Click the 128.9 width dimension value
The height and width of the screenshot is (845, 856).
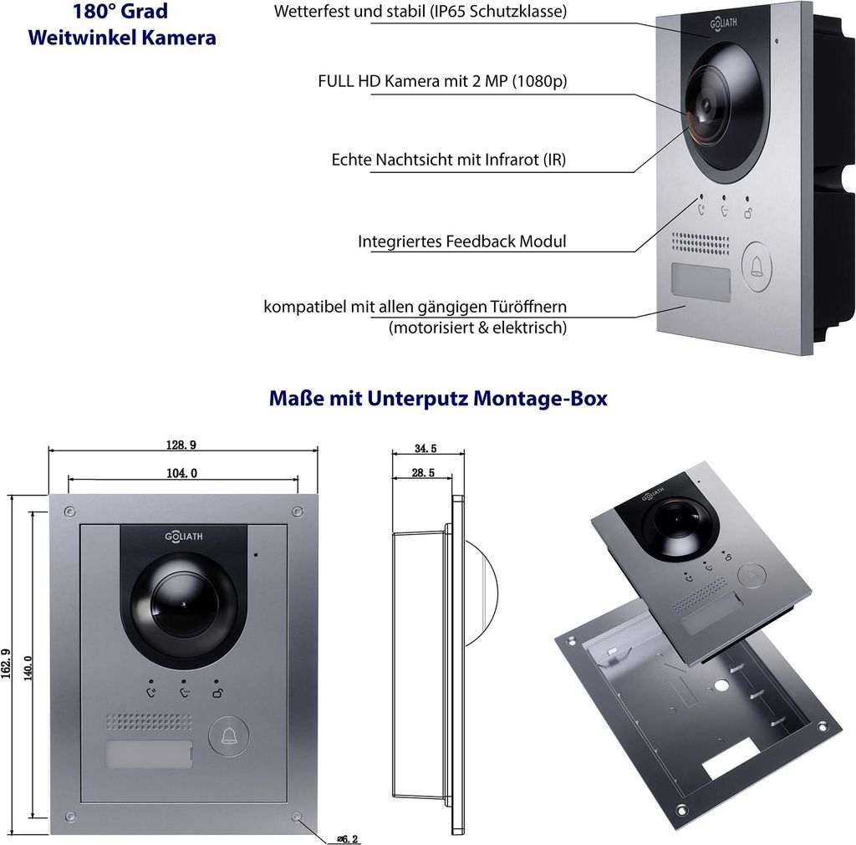[x=181, y=445]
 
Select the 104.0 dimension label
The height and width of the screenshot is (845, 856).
[x=181, y=473]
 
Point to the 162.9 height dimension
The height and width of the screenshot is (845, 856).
[x=6, y=664]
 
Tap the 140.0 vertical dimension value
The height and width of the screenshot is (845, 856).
[x=28, y=668]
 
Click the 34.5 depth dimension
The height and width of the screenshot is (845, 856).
[x=425, y=449]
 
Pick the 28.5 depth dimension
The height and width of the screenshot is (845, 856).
[x=424, y=473]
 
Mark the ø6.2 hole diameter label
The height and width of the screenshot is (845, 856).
[x=348, y=839]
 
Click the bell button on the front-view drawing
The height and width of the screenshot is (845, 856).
[x=229, y=736]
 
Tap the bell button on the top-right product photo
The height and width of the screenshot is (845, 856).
[x=757, y=267]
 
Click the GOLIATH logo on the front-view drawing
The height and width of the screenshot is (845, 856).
[x=184, y=537]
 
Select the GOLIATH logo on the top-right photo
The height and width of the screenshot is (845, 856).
[x=723, y=23]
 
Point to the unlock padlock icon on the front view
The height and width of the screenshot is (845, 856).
[x=217, y=693]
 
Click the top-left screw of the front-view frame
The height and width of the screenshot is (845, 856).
[x=69, y=512]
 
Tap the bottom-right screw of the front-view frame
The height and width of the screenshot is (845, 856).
[x=297, y=817]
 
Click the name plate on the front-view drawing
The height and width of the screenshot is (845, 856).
[x=149, y=754]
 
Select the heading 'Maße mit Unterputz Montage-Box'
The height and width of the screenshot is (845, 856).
[x=438, y=399]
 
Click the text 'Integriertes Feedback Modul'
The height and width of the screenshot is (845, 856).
[x=461, y=242]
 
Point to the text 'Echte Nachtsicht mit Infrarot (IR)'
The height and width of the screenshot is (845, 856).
[x=449, y=160]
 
